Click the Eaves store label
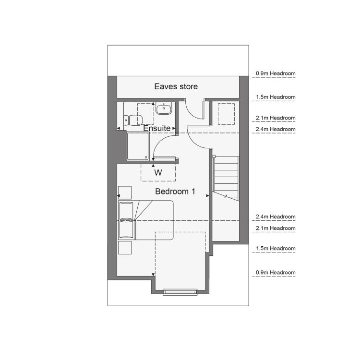(x=176, y=86)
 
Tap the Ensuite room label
(x=157, y=128)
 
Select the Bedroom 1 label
(x=175, y=191)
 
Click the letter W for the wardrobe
(x=158, y=172)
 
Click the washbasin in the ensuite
(x=164, y=109)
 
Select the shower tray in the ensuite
(x=138, y=146)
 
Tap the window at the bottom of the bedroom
(x=180, y=292)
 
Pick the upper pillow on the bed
(x=126, y=210)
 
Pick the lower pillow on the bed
(x=126, y=229)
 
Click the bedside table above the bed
(x=125, y=192)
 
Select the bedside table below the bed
(x=125, y=248)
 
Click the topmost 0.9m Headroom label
(x=276, y=73)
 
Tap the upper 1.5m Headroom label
(x=276, y=97)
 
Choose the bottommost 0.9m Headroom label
(x=276, y=273)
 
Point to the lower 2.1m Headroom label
(x=276, y=228)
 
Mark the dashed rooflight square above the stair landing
(x=226, y=114)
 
